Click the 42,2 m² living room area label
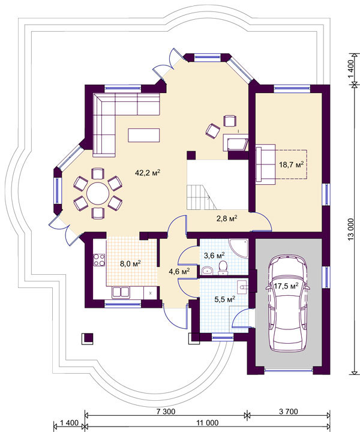coord(148,173)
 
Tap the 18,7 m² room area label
coord(292,164)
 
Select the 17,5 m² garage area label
coord(286,286)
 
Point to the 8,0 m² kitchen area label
coord(130,263)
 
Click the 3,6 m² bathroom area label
coord(214,255)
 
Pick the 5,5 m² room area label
coord(225,299)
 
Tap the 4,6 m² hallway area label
coord(179,272)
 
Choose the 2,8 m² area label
coord(227,219)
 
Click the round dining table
coord(98,193)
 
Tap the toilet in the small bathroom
coord(223,268)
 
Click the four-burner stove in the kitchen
coord(99,260)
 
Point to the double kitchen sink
coord(121,292)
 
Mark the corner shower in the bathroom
coord(239,248)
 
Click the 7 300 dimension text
coord(166,412)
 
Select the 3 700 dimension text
coord(289,412)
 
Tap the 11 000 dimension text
coord(208,422)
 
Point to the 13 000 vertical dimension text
coord(350,229)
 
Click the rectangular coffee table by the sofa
coord(144,135)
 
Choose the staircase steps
coord(201,197)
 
